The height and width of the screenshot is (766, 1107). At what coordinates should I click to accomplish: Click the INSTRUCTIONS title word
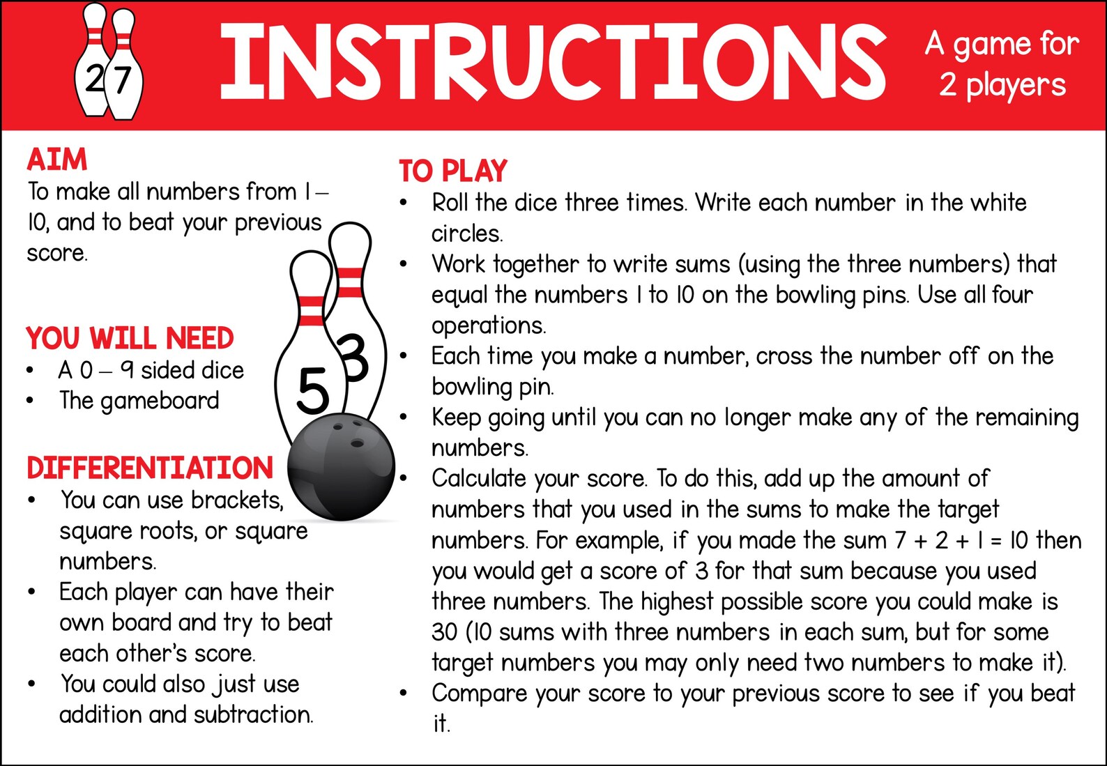pyautogui.click(x=552, y=61)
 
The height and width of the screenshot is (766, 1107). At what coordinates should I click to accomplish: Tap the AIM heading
pyautogui.click(x=57, y=160)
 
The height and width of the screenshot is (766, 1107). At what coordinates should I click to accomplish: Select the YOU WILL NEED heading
pyautogui.click(x=130, y=339)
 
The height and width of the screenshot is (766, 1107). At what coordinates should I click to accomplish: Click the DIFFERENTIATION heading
pyautogui.click(x=150, y=468)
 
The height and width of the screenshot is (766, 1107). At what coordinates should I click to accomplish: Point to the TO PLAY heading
pyautogui.click(x=453, y=171)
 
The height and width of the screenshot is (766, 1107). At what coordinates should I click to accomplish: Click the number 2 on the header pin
pyautogui.click(x=94, y=80)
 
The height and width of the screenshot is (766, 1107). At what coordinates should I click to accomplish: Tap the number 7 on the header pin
pyautogui.click(x=123, y=80)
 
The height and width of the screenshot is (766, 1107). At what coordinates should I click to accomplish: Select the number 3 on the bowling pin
pyautogui.click(x=354, y=358)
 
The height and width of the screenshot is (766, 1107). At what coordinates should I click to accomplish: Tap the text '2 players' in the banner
pyautogui.click(x=1002, y=86)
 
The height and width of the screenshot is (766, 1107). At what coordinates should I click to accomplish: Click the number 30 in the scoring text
pyautogui.click(x=444, y=633)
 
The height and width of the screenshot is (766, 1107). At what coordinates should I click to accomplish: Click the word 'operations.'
pyautogui.click(x=489, y=325)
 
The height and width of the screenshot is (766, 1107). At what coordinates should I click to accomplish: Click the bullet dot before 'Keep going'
pyautogui.click(x=403, y=418)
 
